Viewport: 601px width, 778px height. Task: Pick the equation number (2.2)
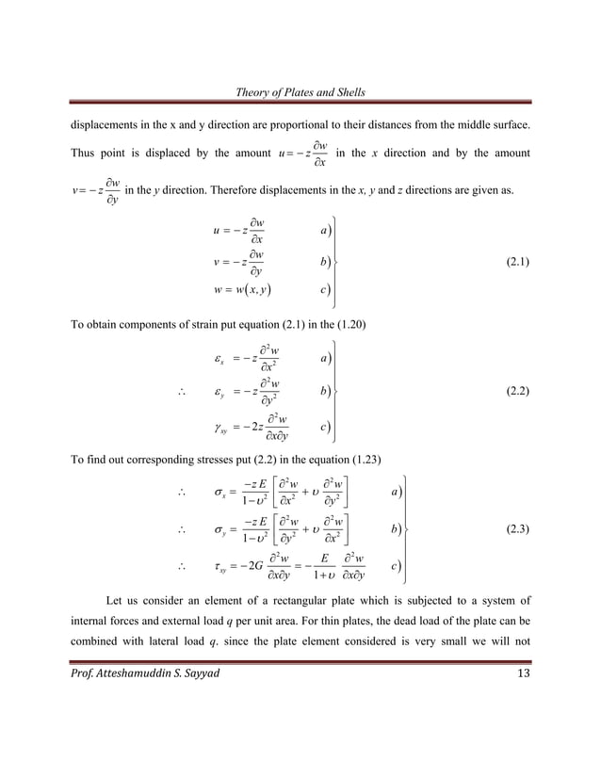[x=514, y=389]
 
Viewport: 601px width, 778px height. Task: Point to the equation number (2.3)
[x=514, y=528]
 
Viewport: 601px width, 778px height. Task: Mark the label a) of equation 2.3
[x=396, y=491]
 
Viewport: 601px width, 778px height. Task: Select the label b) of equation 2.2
[x=324, y=390]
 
